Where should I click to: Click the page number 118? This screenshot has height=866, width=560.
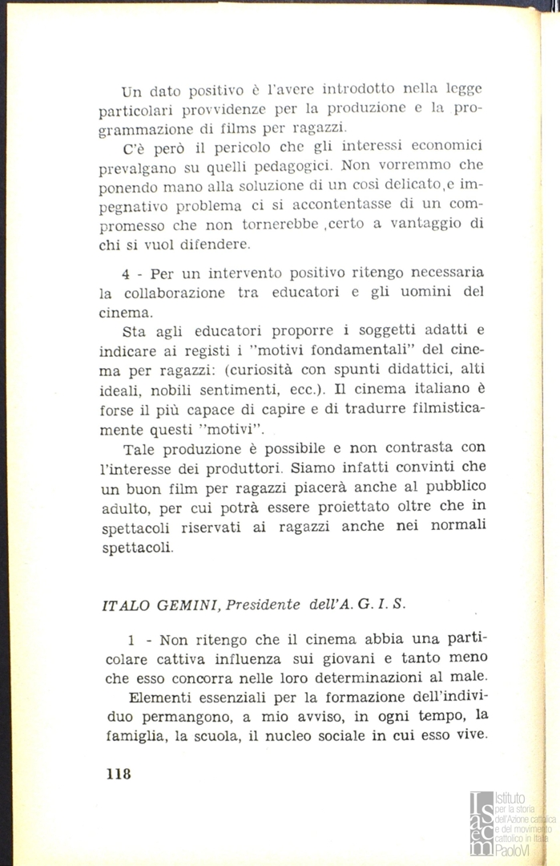117,775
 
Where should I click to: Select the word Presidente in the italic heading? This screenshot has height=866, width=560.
262,606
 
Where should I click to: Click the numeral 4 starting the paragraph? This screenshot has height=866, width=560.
126,273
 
